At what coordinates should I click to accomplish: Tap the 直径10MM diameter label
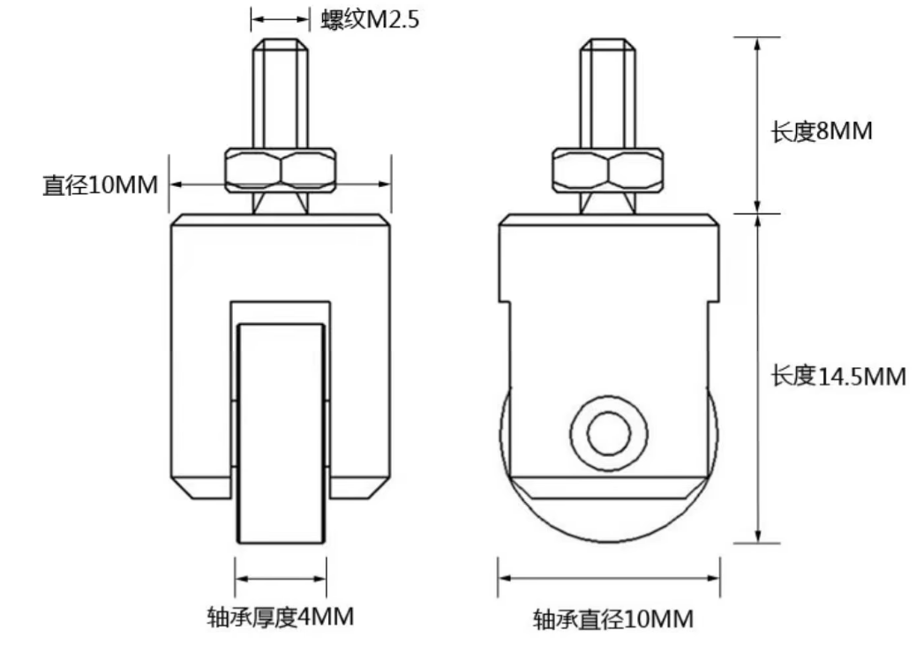pyautogui.click(x=100, y=185)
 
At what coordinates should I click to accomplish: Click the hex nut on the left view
pyautogui.click(x=281, y=169)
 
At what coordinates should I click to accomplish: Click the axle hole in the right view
pyautogui.click(x=608, y=433)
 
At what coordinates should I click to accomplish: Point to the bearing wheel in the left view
pyautogui.click(x=281, y=432)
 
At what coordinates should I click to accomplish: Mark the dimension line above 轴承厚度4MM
pyautogui.click(x=281, y=580)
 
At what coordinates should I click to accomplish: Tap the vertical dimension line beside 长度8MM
pyautogui.click(x=756, y=124)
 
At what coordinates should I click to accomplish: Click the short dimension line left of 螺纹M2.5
pyautogui.click(x=280, y=17)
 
